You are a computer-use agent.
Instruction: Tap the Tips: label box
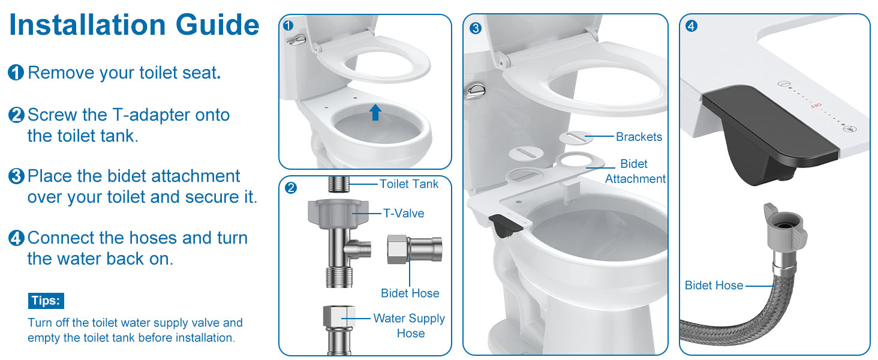pyautogui.click(x=46, y=301)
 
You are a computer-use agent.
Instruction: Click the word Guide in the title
pyautogui.click(x=218, y=25)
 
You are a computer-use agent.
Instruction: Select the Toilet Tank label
pyautogui.click(x=409, y=184)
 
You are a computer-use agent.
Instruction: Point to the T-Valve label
pyautogui.click(x=404, y=214)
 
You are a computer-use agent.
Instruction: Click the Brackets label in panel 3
pyautogui.click(x=639, y=136)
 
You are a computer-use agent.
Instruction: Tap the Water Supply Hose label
pyautogui.click(x=409, y=325)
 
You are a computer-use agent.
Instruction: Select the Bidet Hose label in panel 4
pyautogui.click(x=714, y=285)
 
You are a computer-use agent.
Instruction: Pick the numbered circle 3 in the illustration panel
pyautogui.click(x=476, y=28)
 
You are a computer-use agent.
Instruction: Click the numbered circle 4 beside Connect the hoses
pyautogui.click(x=16, y=238)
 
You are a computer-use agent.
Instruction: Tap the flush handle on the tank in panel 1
pyautogui.click(x=296, y=40)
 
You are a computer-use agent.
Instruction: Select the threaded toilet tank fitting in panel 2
pyautogui.click(x=339, y=184)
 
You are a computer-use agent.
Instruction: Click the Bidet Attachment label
pyautogui.click(x=635, y=172)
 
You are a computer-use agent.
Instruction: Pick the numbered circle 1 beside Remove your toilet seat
pyautogui.click(x=16, y=73)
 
